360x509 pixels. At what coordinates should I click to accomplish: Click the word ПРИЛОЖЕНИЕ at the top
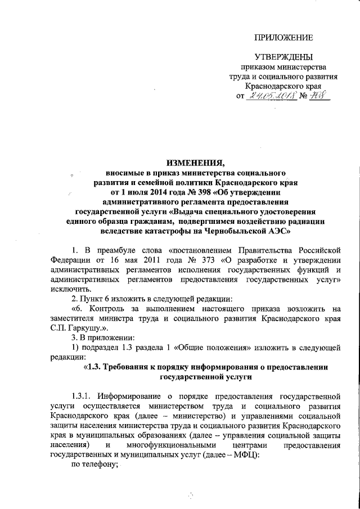[283, 38]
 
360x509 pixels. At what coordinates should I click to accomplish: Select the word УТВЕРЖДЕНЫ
[282, 57]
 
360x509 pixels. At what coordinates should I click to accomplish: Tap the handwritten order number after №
[321, 96]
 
